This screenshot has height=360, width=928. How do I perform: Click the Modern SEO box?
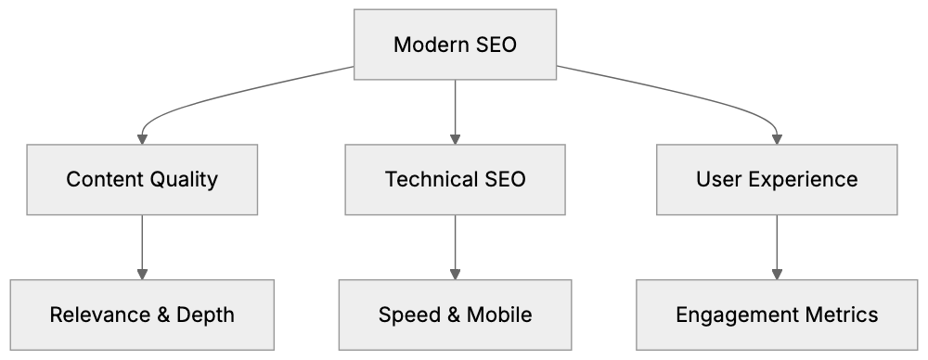[455, 45]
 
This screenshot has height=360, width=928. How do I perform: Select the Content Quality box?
[142, 179]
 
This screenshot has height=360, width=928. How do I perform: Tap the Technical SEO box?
[455, 179]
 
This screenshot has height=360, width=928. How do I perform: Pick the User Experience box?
[777, 179]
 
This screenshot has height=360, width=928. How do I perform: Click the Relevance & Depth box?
[142, 315]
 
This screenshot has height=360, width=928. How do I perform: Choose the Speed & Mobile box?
[455, 315]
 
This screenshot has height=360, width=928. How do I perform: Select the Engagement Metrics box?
[777, 315]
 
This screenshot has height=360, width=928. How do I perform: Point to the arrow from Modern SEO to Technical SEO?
[455, 111]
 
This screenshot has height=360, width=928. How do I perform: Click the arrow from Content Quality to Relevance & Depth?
[142, 246]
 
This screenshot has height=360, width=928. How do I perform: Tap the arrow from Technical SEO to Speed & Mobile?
[455, 246]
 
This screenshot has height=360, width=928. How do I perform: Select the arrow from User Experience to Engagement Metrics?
[777, 246]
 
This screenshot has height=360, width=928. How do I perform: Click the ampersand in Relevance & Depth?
[161, 315]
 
